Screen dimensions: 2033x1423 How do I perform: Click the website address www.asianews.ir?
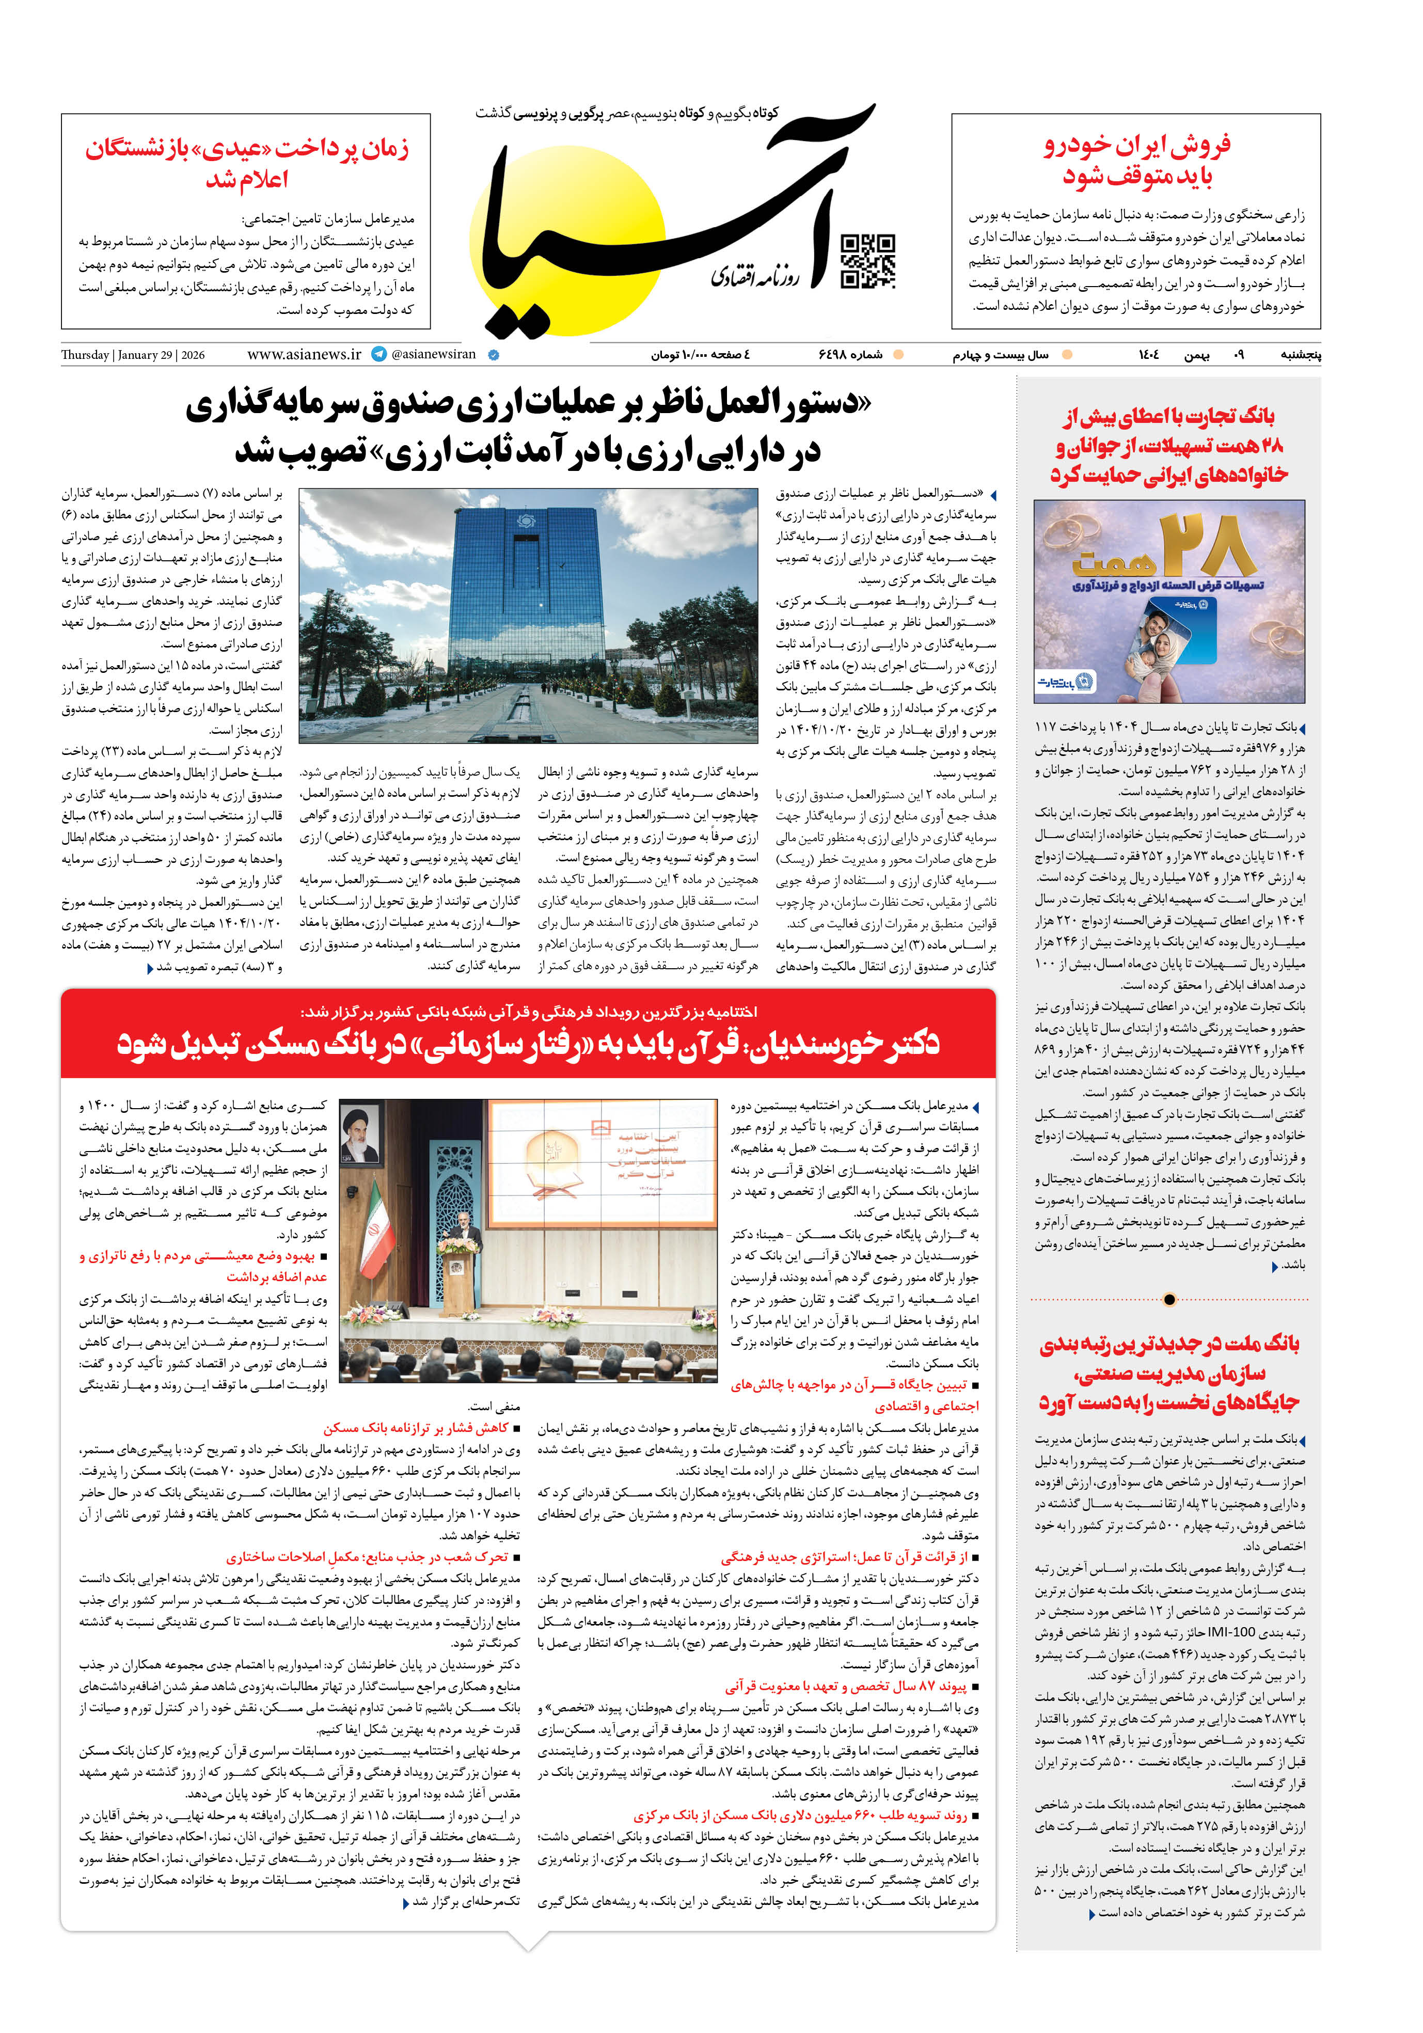click(x=304, y=354)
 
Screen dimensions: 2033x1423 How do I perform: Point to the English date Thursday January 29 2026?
click(x=133, y=355)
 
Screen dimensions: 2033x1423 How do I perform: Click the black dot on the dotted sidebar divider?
click(x=1169, y=1300)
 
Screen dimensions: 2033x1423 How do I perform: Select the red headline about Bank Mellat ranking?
click(x=1169, y=1374)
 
